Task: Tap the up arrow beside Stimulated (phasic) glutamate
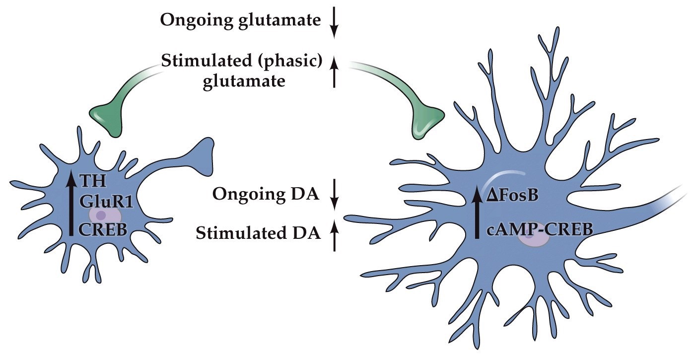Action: pyautogui.click(x=334, y=72)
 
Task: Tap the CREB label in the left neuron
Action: pyautogui.click(x=103, y=230)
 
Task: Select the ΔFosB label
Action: pyautogui.click(x=514, y=197)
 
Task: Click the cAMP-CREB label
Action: pyautogui.click(x=539, y=229)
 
